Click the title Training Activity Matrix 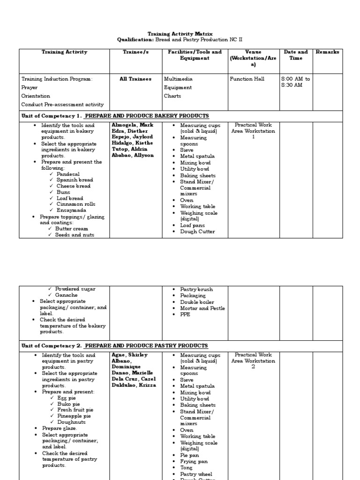point(180,34)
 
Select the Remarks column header point(327,52)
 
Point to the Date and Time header point(296,55)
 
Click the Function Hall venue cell point(247,79)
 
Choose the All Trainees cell point(135,79)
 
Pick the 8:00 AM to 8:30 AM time point(295,82)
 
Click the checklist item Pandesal point(68,174)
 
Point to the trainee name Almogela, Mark point(133,125)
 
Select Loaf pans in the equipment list point(193,225)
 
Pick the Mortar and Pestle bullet point(202,308)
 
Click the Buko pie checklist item point(69,404)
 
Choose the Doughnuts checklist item point(71,422)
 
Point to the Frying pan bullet point(195,461)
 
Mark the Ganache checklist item point(66,295)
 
